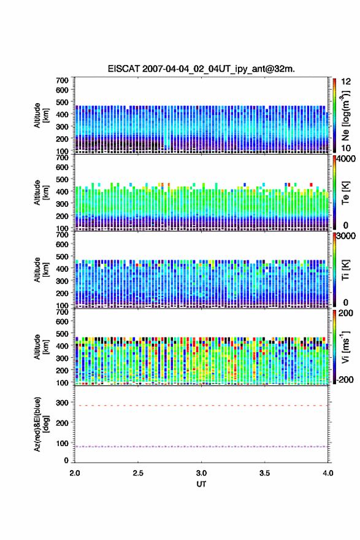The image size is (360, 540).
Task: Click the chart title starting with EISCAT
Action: click(x=201, y=69)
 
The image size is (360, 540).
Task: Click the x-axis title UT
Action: click(x=201, y=484)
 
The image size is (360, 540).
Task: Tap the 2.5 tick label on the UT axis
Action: click(x=138, y=473)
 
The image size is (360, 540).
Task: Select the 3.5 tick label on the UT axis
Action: click(x=265, y=473)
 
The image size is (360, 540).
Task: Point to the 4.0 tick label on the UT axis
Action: click(x=328, y=473)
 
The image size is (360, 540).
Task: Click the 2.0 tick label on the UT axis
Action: click(x=75, y=473)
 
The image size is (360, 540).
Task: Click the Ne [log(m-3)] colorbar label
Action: click(x=345, y=115)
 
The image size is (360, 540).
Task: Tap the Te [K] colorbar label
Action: click(x=345, y=193)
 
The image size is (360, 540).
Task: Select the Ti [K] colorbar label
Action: click(x=345, y=270)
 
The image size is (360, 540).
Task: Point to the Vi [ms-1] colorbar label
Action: click(x=345, y=347)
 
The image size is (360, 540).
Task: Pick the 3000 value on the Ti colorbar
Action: click(x=347, y=236)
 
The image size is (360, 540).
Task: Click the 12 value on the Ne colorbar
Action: click(x=346, y=82)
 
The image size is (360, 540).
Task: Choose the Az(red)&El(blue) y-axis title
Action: click(x=41, y=424)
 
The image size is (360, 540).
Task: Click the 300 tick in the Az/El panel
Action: click(x=63, y=403)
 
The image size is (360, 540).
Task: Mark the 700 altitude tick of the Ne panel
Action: click(x=63, y=80)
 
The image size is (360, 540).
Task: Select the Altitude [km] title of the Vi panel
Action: click(x=41, y=347)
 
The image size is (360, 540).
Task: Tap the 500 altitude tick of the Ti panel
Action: click(x=63, y=256)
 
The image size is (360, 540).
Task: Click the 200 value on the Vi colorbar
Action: click(x=345, y=313)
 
